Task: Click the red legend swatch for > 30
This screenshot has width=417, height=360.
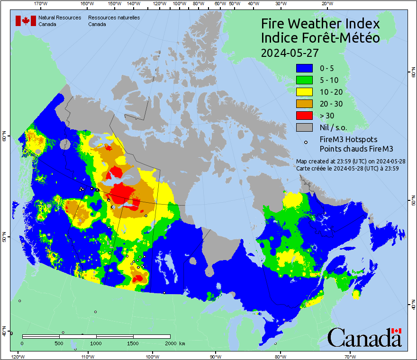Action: click(x=304, y=116)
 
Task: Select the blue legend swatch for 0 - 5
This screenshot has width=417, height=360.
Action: click(x=304, y=68)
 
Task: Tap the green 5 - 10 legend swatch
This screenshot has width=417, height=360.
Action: click(x=304, y=80)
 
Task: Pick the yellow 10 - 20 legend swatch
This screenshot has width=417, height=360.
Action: click(x=304, y=92)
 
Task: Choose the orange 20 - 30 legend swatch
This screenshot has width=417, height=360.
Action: click(x=304, y=104)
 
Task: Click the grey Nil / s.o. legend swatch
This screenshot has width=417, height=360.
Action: click(x=304, y=127)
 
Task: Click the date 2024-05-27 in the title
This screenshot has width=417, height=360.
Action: click(x=290, y=53)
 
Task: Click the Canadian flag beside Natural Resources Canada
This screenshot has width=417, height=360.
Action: click(x=26, y=20)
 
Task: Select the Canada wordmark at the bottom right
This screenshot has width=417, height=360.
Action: click(x=364, y=338)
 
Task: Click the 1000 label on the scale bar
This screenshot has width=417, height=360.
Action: click(x=96, y=342)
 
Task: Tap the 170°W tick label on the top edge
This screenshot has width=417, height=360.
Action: click(x=41, y=4)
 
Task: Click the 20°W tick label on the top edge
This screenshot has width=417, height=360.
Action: click(x=326, y=4)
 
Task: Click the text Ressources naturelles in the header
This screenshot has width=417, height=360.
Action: click(x=114, y=18)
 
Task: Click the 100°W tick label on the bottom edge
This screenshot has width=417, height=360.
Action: click(x=152, y=356)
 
